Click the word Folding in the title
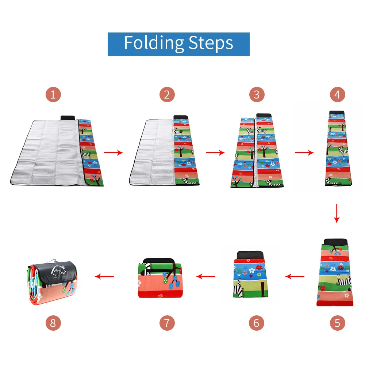[154, 43]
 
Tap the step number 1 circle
[53, 95]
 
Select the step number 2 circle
[167, 95]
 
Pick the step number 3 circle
[257, 95]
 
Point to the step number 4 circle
[337, 95]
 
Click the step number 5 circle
[337, 323]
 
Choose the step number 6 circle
[257, 323]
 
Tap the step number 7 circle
[167, 323]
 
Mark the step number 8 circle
[53, 323]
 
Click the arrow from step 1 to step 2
[114, 153]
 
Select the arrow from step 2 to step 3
[215, 153]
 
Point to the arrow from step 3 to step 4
[304, 153]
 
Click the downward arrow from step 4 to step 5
[337, 214]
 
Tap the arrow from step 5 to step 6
[295, 276]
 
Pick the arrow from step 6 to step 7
[206, 276]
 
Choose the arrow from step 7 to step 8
[104, 276]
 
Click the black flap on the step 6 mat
[250, 254]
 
